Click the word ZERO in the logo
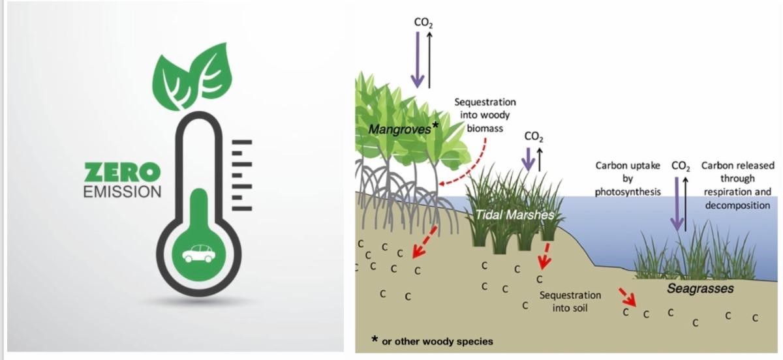coord(122,173)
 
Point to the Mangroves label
coord(399,129)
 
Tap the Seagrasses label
coord(700,288)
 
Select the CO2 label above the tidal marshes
coord(534,137)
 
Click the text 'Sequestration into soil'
coord(570,301)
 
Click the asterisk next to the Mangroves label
coord(435,125)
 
